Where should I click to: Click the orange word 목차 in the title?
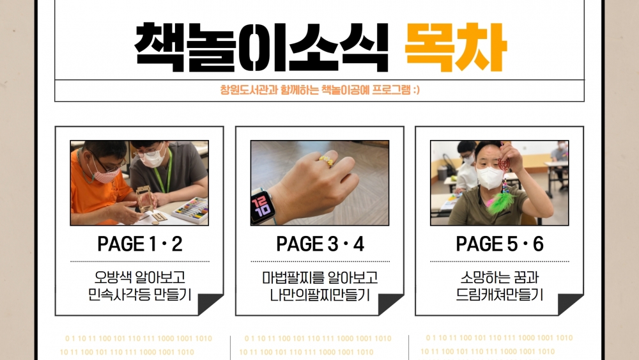point(456,47)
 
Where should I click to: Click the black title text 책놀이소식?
point(261,47)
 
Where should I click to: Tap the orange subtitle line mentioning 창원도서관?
point(320,90)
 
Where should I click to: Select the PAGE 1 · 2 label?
point(140,244)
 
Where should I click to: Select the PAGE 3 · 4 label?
point(320,244)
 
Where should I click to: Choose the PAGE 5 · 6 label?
point(500,244)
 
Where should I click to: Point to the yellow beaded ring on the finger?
point(327,161)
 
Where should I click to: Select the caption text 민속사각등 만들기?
point(140,295)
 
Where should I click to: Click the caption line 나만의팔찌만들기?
point(320,295)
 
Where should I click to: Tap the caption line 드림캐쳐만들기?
point(500,295)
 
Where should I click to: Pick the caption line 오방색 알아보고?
point(140,278)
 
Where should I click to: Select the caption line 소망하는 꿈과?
point(500,278)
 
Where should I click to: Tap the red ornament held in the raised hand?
point(504,165)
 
